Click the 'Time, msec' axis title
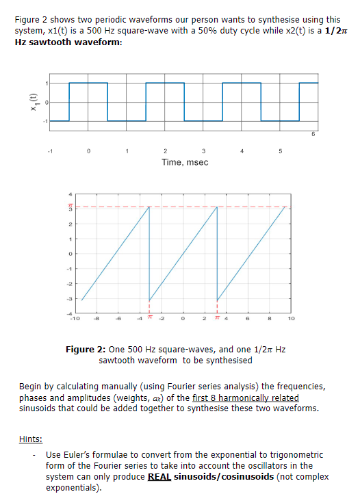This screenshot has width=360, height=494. coord(185,162)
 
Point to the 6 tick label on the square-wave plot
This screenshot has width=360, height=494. coord(313,135)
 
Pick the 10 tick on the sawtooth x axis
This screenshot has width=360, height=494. coord(291,318)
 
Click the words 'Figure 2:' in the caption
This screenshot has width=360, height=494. coord(83,350)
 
